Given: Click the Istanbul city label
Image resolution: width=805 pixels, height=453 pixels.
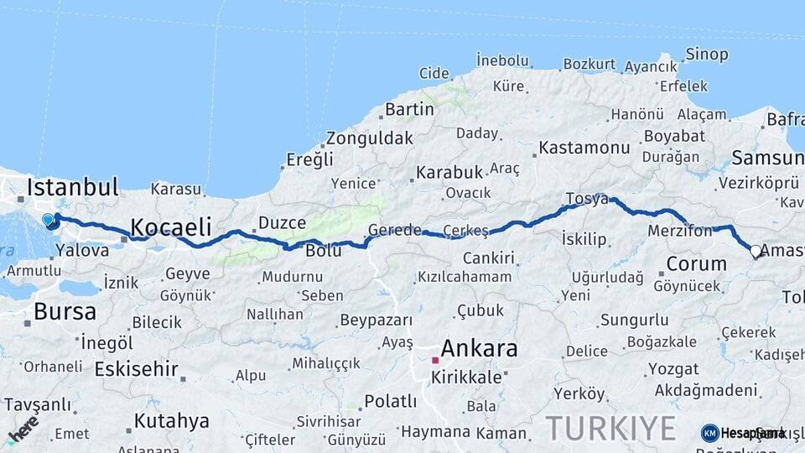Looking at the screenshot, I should point(72,187).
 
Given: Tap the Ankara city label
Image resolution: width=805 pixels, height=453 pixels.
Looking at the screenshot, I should point(479,348).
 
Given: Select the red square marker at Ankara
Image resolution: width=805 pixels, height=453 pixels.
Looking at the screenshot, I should point(435,360).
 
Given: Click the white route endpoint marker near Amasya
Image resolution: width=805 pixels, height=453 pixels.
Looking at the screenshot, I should point(756,251).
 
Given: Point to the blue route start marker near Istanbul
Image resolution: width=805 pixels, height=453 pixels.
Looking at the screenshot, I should point(49,221).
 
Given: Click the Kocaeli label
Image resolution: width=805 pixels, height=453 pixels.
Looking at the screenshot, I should point(171,226).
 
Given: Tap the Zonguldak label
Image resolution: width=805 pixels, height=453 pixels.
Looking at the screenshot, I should point(370,138).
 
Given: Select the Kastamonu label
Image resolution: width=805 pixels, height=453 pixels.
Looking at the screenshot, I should point(584,148).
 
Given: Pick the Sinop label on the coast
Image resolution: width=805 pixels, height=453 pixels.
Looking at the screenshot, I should point(707,55).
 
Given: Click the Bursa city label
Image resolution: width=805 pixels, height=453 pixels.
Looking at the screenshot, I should point(65,312).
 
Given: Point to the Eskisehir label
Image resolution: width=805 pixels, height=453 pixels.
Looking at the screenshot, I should point(137,368).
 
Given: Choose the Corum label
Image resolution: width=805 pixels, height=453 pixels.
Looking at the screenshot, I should point(696,263).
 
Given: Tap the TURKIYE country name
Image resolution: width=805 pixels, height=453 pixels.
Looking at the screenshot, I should point(610,428).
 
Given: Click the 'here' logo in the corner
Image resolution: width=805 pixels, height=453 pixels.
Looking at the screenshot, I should point(23,429).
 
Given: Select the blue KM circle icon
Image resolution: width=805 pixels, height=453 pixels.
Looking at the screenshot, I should point(710,433).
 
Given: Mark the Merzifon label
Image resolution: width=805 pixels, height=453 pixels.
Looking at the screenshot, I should point(679,230).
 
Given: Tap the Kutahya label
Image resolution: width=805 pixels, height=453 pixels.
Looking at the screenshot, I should point(171,420).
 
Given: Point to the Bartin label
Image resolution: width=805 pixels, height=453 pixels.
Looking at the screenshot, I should point(409,109).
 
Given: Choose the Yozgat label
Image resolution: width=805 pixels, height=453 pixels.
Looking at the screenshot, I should point(650,368).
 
